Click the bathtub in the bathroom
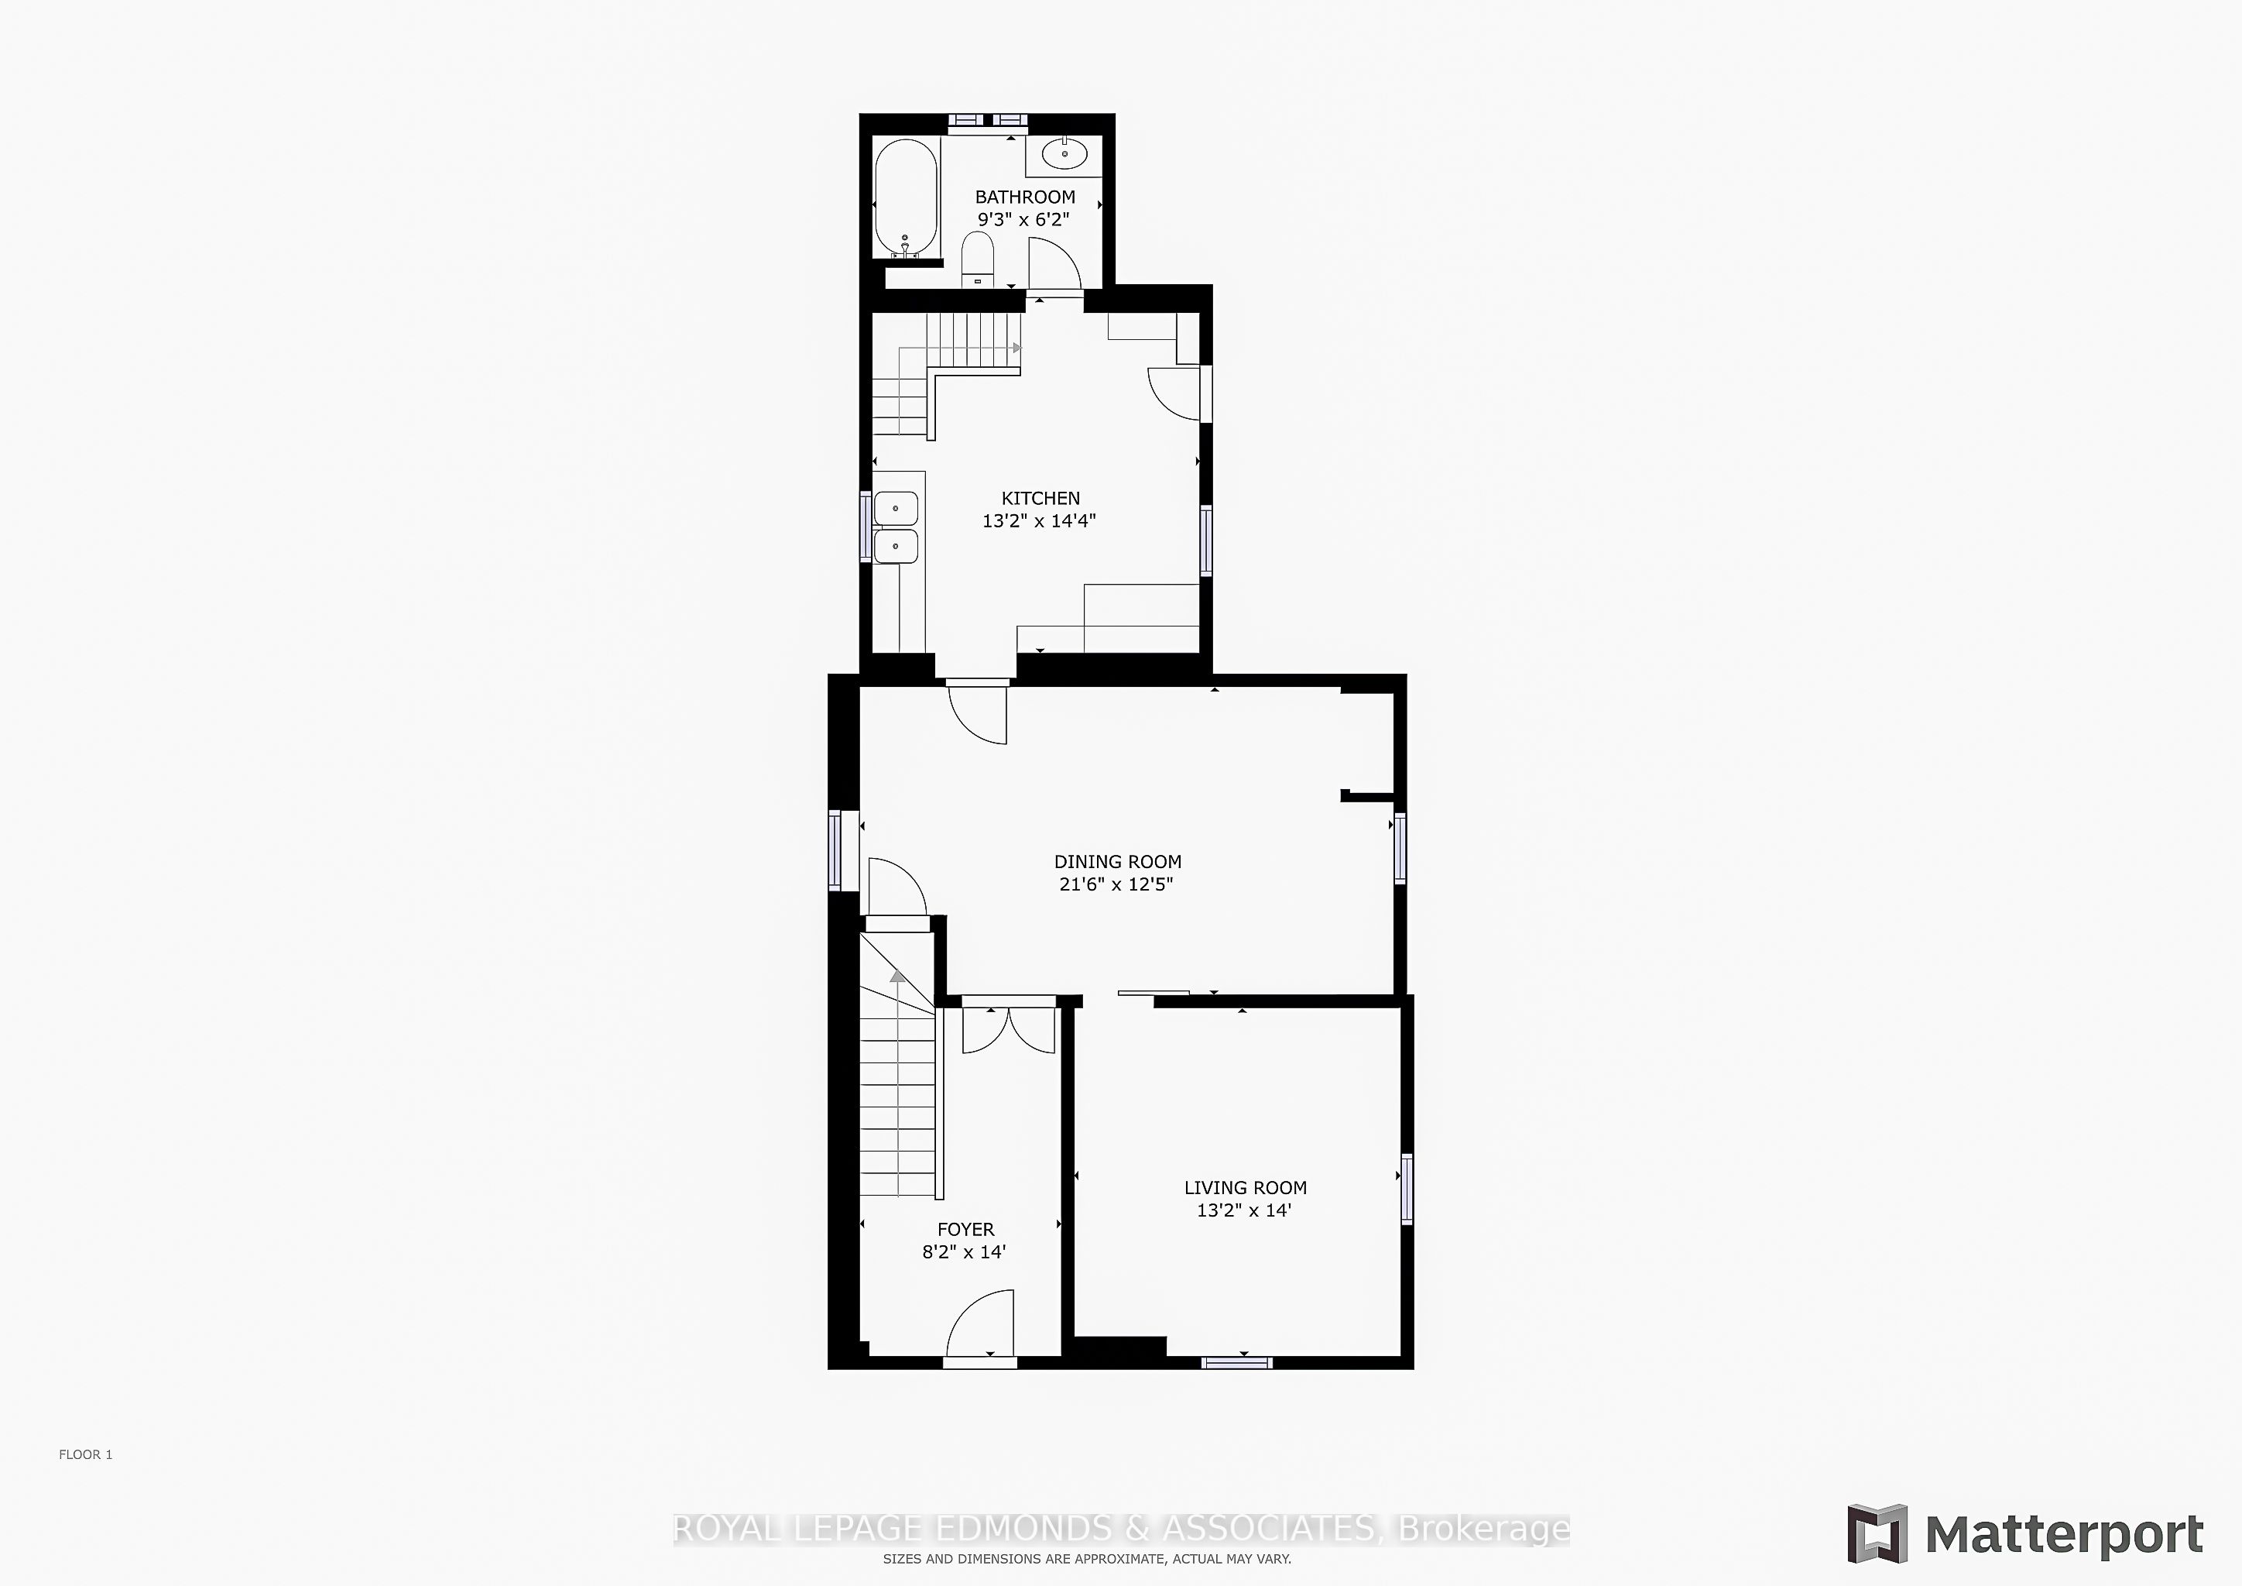[907, 198]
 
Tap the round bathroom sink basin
[1064, 154]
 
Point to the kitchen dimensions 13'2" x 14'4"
[1039, 520]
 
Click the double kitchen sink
[896, 527]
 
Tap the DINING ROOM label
[1117, 861]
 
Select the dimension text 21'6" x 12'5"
[1116, 884]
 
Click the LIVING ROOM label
[1245, 1187]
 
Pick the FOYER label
[965, 1230]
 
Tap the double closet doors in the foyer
[1009, 1029]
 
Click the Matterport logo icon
[1877, 1533]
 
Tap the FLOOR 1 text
[86, 1454]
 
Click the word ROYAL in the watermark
[728, 1529]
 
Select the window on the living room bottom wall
[1237, 1361]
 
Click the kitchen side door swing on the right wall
[1174, 393]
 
